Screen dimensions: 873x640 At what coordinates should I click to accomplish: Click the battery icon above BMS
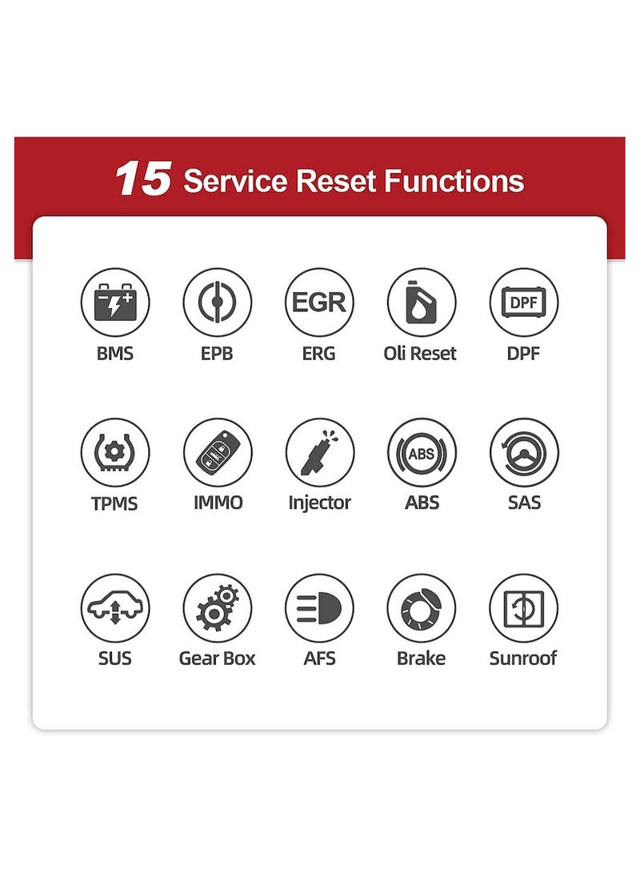point(114,302)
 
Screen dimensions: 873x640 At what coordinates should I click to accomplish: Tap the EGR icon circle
point(319,302)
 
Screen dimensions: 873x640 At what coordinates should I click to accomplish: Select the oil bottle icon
point(421,302)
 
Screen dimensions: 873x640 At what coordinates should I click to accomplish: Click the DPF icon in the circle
point(523,302)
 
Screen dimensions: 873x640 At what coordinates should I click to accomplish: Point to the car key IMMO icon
point(217,452)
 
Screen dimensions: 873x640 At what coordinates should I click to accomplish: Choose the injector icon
point(319,452)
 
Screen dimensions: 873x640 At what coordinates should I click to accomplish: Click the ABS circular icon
point(421,452)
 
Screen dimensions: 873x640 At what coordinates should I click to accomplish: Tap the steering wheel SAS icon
point(523,452)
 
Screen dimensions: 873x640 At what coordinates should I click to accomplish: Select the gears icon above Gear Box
point(217,608)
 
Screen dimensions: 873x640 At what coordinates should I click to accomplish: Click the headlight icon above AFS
point(319,608)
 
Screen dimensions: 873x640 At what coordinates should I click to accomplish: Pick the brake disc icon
point(421,608)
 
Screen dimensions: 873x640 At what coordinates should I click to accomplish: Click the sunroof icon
point(523,608)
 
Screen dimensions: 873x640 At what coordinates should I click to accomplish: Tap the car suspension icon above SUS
point(114,608)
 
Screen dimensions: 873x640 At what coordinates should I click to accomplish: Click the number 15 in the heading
point(142,179)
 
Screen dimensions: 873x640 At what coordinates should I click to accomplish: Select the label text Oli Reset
point(420,353)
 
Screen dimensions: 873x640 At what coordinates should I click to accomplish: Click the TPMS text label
point(114,503)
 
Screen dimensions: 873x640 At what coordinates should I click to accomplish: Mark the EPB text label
point(217,353)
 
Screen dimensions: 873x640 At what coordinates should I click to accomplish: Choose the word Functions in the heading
point(454,181)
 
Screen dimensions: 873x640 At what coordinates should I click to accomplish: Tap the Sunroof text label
point(523,659)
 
